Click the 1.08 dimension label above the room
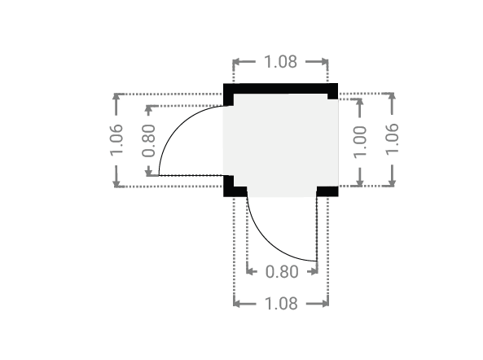click(x=281, y=62)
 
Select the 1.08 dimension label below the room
click(x=281, y=304)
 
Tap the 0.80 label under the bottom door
click(x=282, y=271)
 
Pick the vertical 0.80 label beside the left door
click(x=148, y=140)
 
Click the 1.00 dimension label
click(x=360, y=143)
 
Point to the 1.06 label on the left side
click(x=116, y=140)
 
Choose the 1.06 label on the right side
click(x=392, y=139)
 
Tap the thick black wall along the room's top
click(x=280, y=89)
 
